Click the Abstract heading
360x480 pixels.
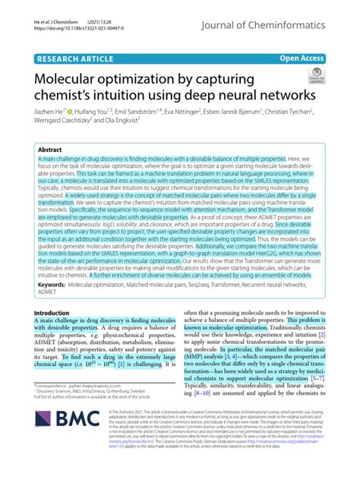point(50,151)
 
